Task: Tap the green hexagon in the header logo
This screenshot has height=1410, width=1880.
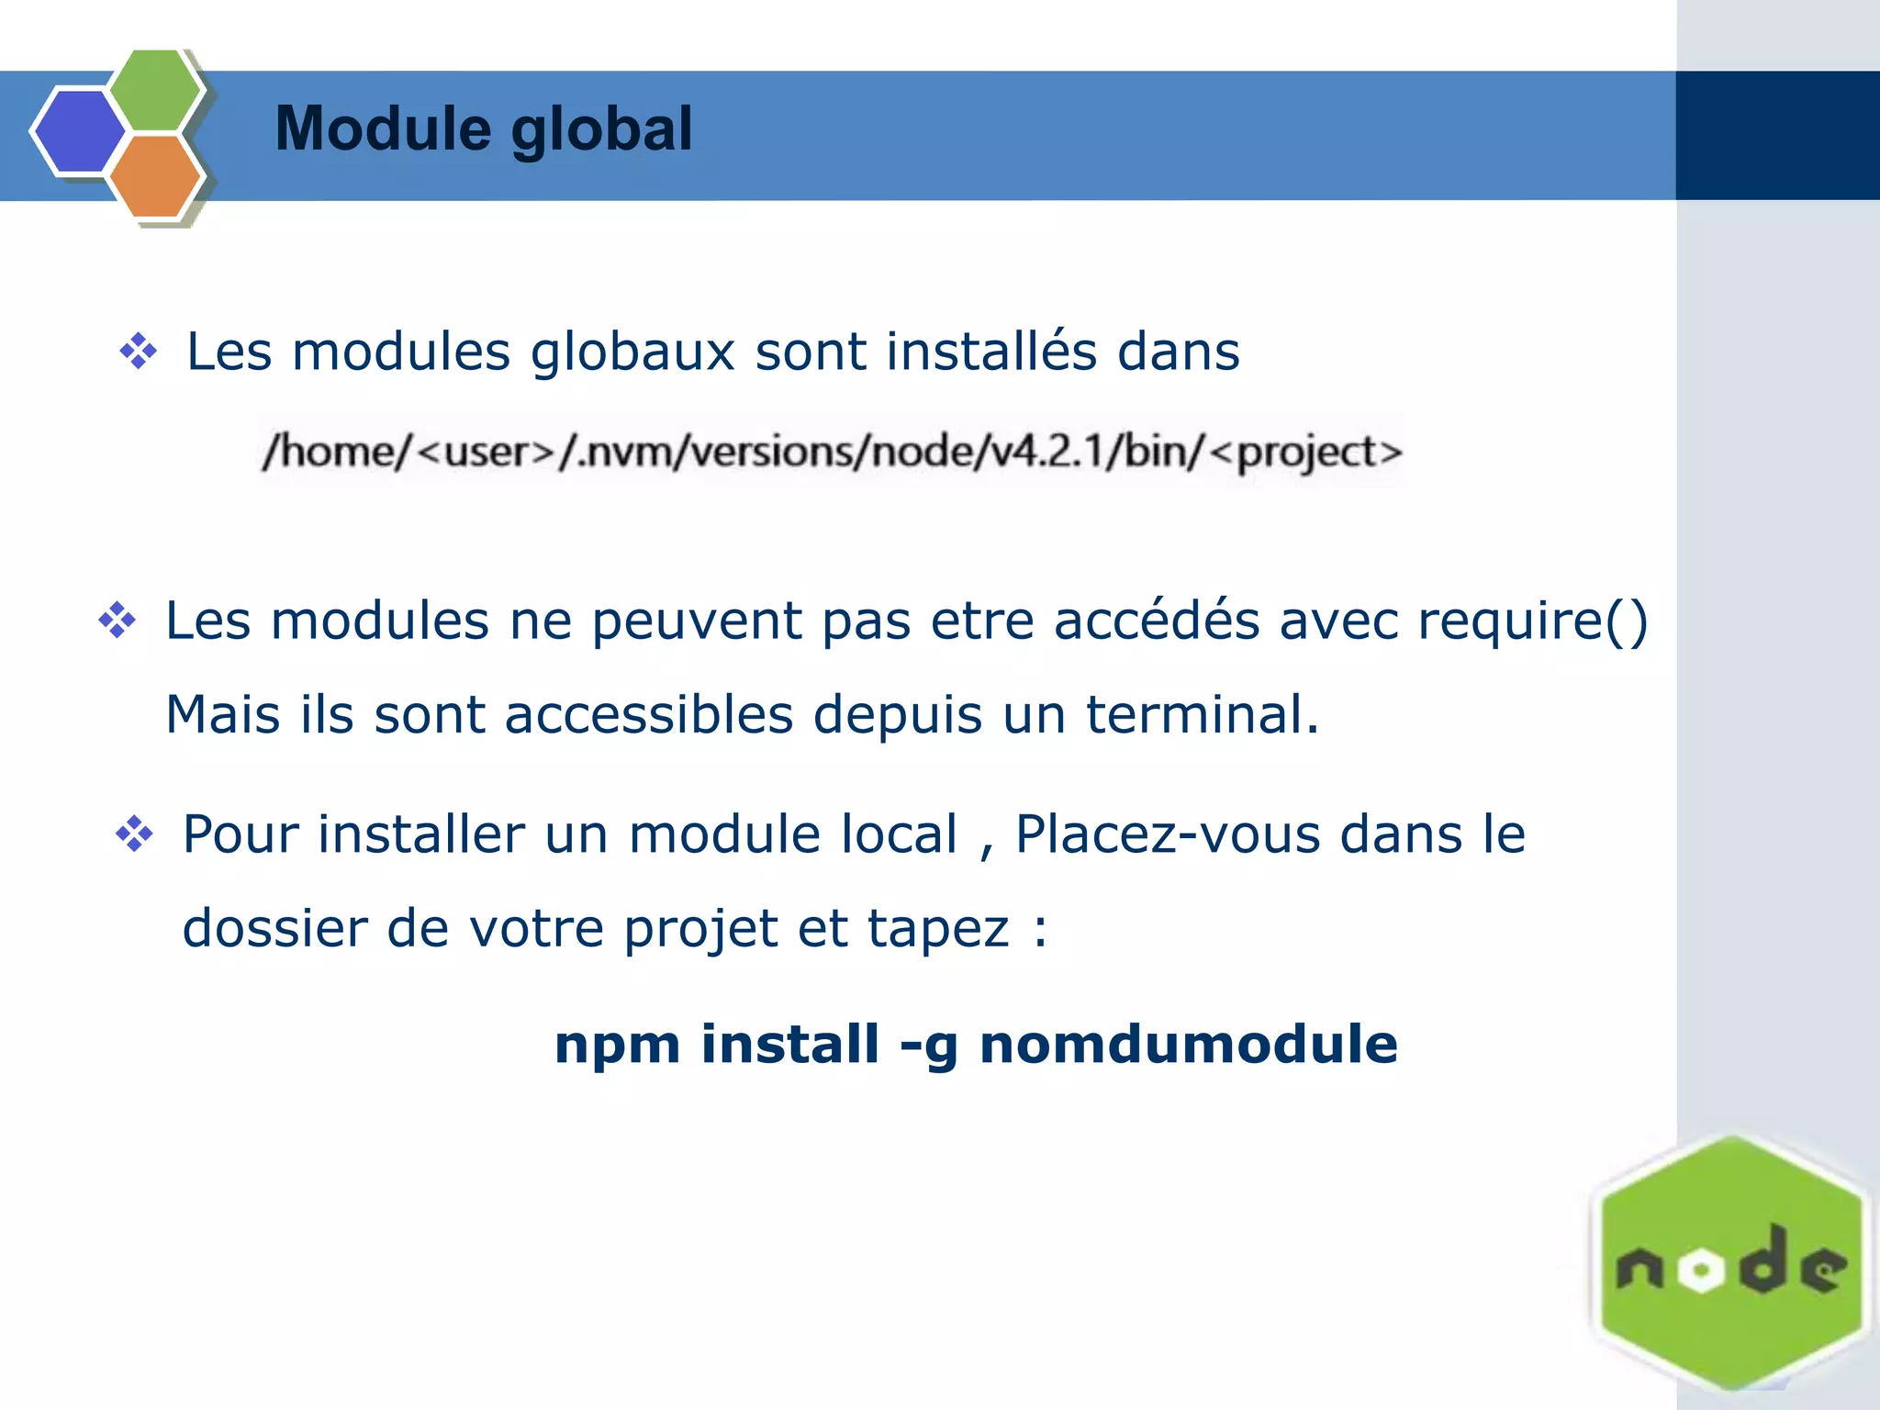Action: (x=156, y=89)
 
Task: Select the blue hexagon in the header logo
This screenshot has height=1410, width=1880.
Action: (x=79, y=131)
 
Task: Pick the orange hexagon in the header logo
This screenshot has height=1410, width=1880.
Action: (x=156, y=175)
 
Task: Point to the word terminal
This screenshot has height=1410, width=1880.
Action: (x=1202, y=714)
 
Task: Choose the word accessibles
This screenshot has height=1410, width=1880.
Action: (x=648, y=714)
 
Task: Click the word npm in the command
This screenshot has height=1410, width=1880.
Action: (x=618, y=1045)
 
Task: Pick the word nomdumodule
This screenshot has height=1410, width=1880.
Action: (x=1189, y=1045)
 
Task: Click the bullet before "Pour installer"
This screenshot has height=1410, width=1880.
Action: (x=135, y=834)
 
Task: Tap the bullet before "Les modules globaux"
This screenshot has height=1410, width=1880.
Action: (x=139, y=352)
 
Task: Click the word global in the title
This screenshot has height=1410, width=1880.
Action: (x=601, y=130)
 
